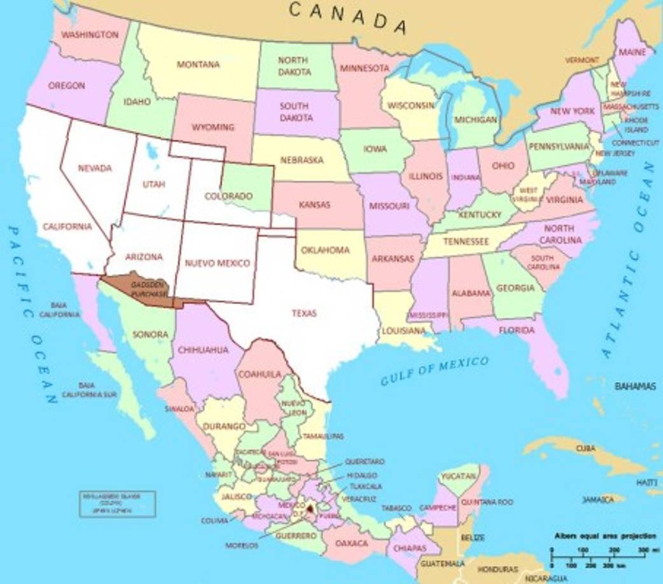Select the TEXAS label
304,313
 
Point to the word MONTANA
198,64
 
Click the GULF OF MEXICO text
435,371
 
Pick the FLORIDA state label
516,330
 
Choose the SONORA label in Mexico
150,334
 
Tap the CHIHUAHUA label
203,349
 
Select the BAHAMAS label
634,386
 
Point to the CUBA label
585,448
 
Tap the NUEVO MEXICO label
218,263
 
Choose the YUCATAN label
459,476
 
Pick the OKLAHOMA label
325,250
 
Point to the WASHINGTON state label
90,34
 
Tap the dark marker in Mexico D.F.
310,509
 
